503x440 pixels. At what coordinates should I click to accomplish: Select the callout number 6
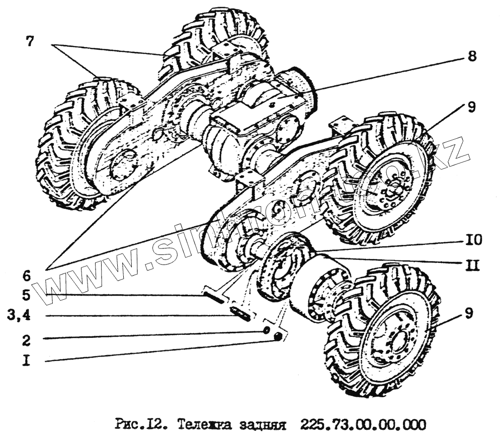[x=26, y=275]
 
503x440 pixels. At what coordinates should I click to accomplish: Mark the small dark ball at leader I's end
[x=277, y=337]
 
